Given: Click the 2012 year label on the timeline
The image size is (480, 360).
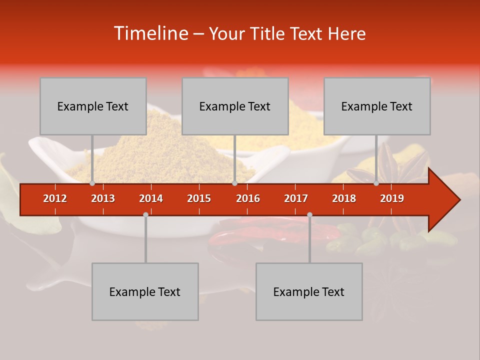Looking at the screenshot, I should pos(55,198).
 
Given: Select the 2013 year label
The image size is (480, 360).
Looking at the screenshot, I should pos(103,198).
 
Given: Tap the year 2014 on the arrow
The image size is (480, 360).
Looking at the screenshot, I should pos(151,198).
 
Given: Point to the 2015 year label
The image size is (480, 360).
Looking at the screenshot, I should pos(199,198).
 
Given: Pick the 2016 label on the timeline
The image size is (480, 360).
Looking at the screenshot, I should pos(248,198).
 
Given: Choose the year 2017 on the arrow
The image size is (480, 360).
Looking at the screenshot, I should pos(296,198).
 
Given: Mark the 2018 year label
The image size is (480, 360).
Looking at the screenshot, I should pos(344,198).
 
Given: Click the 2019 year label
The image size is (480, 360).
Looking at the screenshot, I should pos(392,198).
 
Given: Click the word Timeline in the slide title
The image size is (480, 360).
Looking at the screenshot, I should pos(150,33).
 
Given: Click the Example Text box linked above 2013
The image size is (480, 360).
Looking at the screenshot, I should pos(93,106).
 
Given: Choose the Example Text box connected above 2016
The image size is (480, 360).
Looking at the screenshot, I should pos(235,106).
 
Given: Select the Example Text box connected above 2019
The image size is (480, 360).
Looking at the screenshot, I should pos(377,106).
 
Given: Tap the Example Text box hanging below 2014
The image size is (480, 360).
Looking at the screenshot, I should pos(145,291).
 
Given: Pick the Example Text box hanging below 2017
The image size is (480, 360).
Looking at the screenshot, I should pos(309,291).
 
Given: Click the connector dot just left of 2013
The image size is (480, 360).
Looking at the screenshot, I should pos(92,183).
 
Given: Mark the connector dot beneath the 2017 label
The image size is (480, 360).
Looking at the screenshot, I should pos(309,215).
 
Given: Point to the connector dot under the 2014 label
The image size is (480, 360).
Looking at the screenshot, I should pos(145,215).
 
